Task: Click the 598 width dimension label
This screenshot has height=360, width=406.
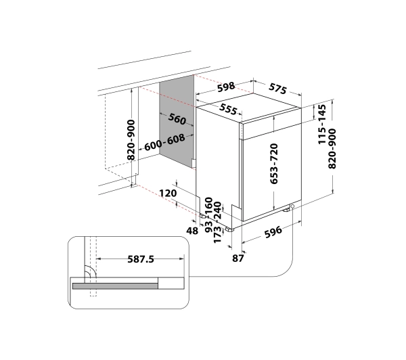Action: (226, 87)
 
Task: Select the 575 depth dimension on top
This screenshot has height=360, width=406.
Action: (277, 89)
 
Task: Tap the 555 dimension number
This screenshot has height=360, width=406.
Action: (228, 110)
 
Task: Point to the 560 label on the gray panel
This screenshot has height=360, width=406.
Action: (177, 119)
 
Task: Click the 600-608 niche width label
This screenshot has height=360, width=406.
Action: (164, 142)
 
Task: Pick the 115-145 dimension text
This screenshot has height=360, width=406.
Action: (321, 125)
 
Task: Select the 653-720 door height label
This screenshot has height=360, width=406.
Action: (273, 164)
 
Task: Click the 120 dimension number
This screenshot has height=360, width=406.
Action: (168, 194)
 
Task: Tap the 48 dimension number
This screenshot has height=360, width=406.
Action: (192, 231)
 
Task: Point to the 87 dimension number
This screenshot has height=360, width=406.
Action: (238, 258)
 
